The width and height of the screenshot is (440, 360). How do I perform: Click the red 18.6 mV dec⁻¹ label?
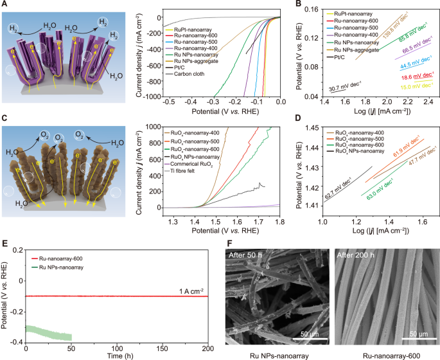(x=414, y=76)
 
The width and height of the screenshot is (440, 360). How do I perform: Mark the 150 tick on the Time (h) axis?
(x=163, y=348)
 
